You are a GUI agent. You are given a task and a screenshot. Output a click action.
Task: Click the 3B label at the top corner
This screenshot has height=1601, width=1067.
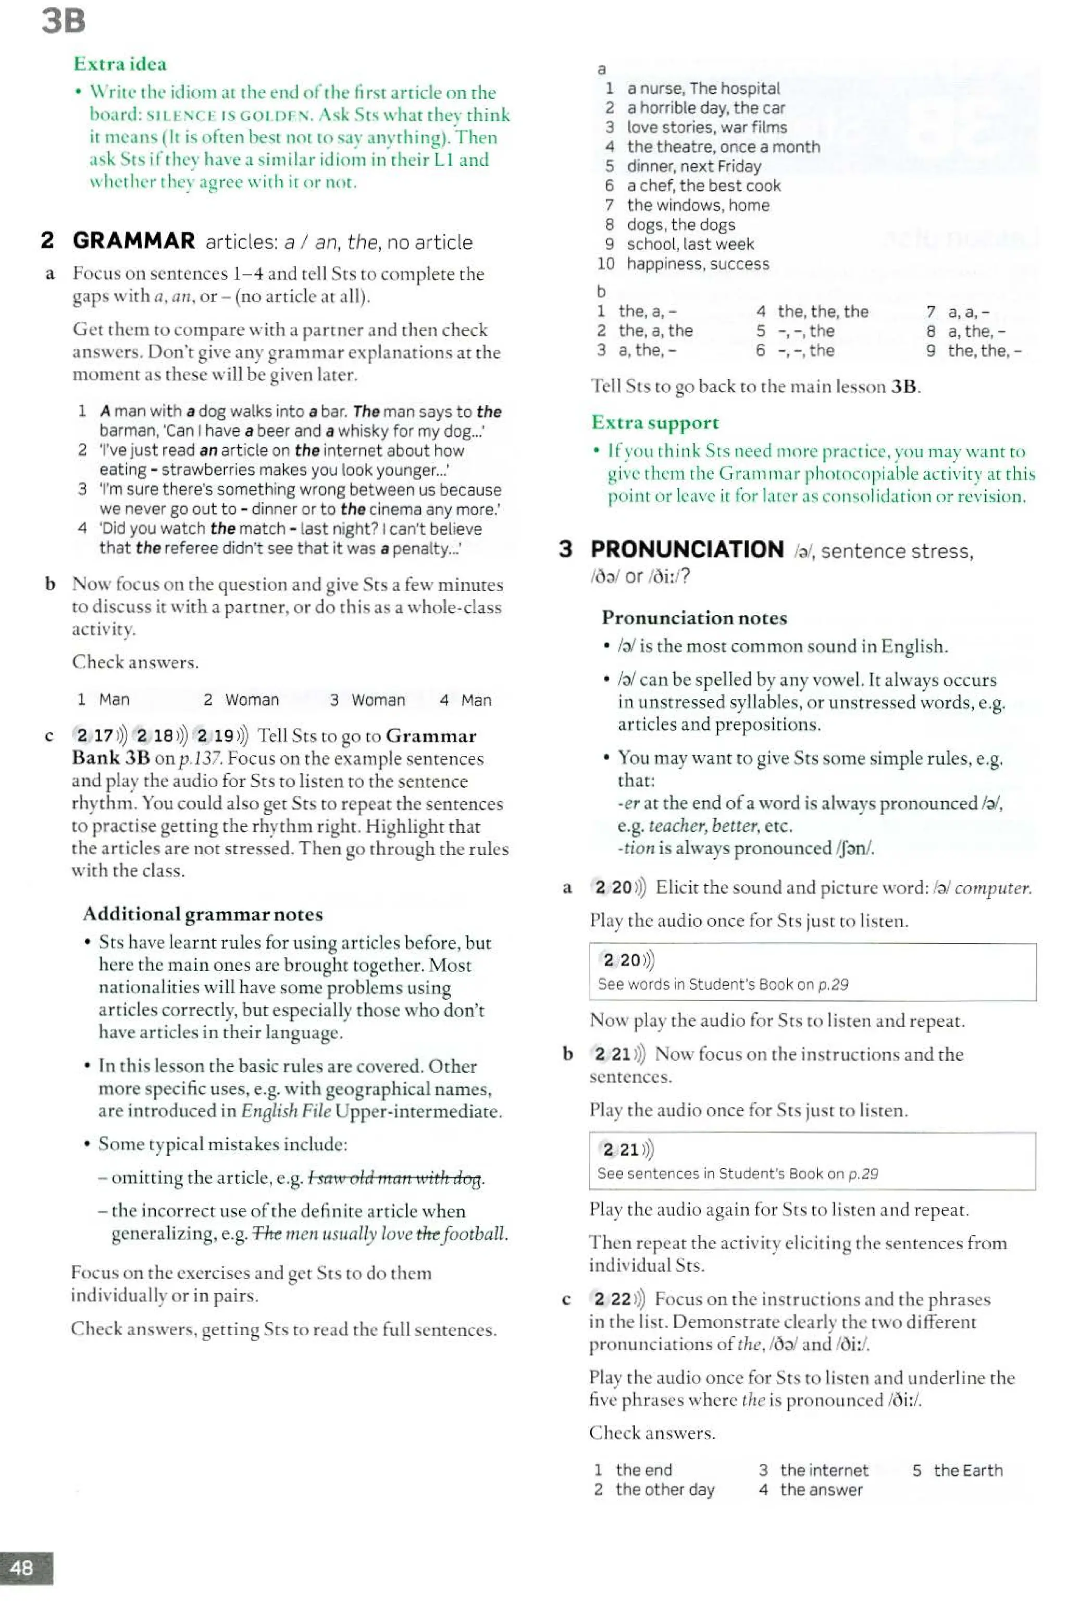[x=63, y=20]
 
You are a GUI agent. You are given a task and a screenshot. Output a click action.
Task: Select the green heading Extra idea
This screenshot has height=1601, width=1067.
[x=120, y=64]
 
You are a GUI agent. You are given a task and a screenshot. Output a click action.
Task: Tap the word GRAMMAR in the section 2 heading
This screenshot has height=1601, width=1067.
[x=134, y=241]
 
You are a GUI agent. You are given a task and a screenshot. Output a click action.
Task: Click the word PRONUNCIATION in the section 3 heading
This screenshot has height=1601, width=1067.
[x=687, y=549]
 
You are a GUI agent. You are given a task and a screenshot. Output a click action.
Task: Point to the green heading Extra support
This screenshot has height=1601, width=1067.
[x=654, y=423]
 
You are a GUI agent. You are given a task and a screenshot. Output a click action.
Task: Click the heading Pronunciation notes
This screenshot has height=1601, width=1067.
[x=694, y=618]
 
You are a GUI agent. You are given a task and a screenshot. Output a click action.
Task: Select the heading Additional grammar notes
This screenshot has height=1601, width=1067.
[x=203, y=914]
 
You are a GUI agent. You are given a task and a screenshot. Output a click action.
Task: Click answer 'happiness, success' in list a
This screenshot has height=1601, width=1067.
[x=698, y=264]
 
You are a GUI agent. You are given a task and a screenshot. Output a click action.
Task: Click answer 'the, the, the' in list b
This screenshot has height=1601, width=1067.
[x=823, y=312]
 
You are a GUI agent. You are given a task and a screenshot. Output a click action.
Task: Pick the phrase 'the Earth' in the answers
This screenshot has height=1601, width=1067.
[x=967, y=1470]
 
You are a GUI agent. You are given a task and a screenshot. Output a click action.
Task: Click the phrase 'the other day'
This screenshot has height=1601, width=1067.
[x=665, y=1490]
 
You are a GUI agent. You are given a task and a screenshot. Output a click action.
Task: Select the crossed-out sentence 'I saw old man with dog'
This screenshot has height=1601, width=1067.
[x=395, y=1178]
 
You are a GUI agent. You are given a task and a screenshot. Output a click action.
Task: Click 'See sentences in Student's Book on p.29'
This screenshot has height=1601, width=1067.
[x=738, y=1174]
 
